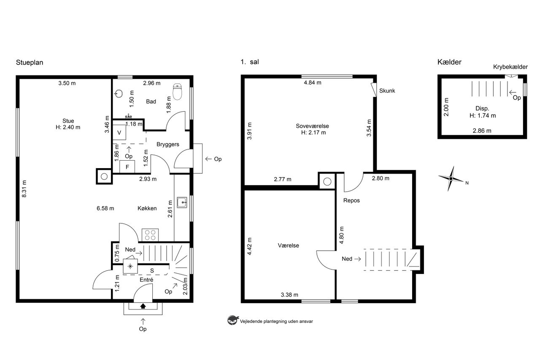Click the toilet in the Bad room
pos(178,92)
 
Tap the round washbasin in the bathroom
pos(119,94)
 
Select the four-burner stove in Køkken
pos(150,235)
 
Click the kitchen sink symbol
pos(182,202)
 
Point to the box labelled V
pos(119,132)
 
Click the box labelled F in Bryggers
pos(127,167)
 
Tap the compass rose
pos(451,179)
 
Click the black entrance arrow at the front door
pos(143,306)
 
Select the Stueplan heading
pos(30,62)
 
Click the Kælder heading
pos(449,62)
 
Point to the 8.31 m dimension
pos(24,189)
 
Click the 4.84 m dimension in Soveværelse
pos(313,83)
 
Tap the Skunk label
pos(387,91)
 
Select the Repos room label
pos(351,201)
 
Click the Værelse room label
pos(288,245)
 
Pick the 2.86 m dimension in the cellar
pos(482,131)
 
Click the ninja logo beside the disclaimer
pos(232,320)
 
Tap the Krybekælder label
pos(510,67)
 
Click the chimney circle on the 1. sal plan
pos(327,181)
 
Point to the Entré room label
pos(146,280)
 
